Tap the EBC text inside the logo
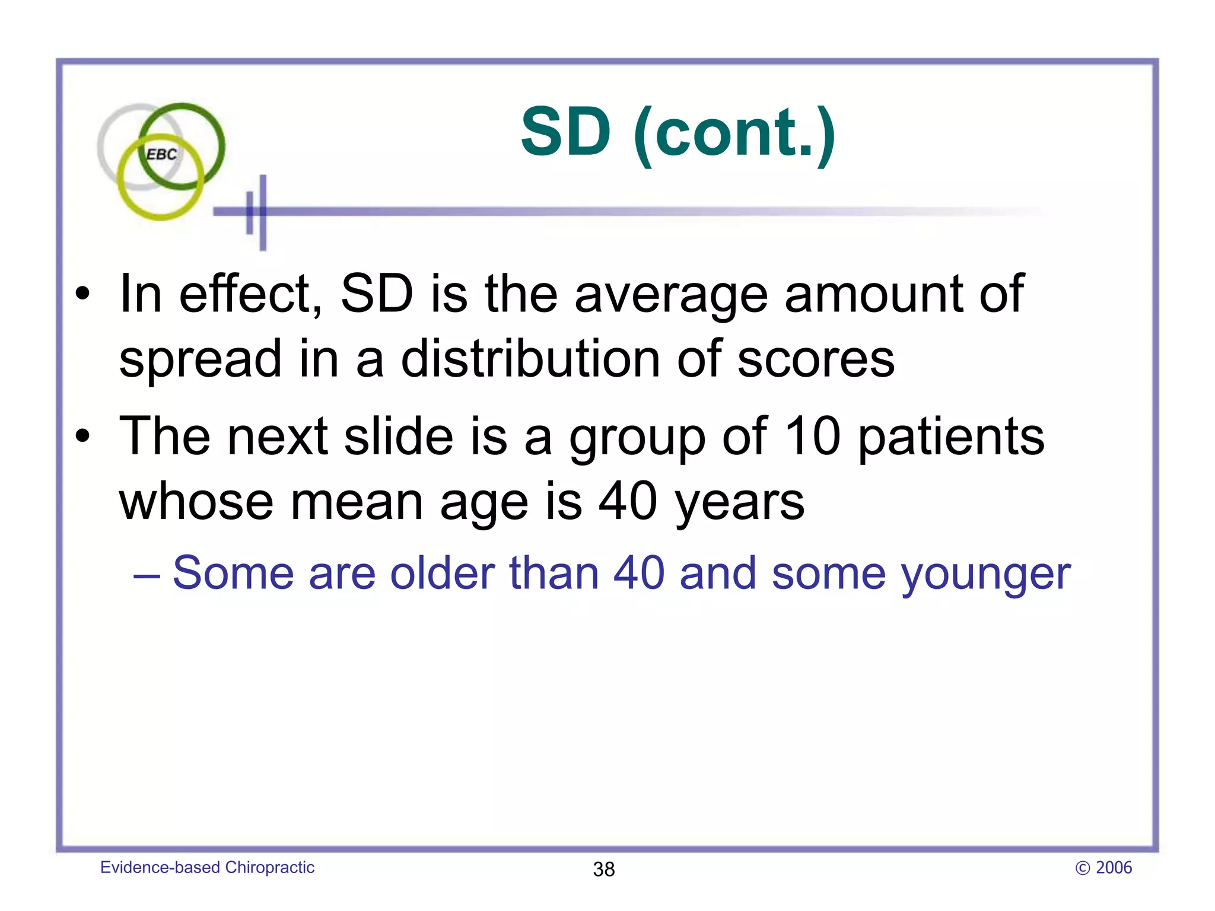161,155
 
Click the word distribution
530,359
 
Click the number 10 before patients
812,437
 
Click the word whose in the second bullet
196,502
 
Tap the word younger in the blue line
985,574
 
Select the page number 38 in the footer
603,869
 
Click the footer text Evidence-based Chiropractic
207,867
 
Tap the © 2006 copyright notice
1103,868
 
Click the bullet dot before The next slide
83,437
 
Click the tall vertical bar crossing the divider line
263,212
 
